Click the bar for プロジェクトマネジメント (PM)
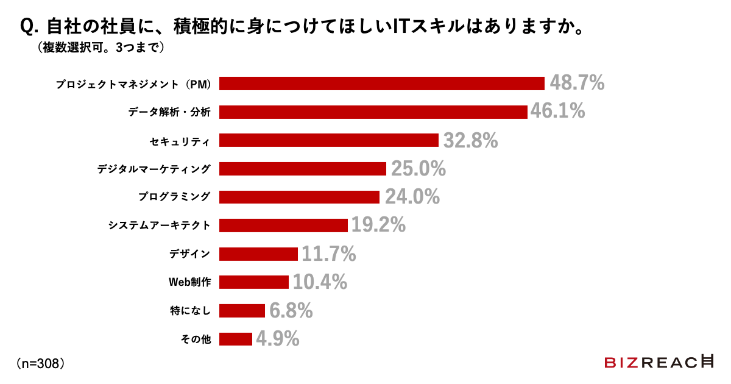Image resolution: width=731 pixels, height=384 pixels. pyautogui.click(x=381, y=84)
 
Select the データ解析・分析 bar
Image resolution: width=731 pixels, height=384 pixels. pyautogui.click(x=373, y=112)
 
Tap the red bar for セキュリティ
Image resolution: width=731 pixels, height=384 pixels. pyautogui.click(x=329, y=140)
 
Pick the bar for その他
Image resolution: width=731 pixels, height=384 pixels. pyautogui.click(x=236, y=339)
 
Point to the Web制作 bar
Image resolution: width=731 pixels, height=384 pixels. pyautogui.click(x=254, y=282)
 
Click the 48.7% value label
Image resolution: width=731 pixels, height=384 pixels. pyautogui.click(x=577, y=83)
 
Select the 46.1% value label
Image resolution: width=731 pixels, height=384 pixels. pyautogui.click(x=557, y=111)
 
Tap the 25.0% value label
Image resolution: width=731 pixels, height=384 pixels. pyautogui.click(x=418, y=168)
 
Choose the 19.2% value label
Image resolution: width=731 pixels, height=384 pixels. pyautogui.click(x=378, y=225)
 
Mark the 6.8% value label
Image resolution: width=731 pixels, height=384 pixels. pyautogui.click(x=291, y=310)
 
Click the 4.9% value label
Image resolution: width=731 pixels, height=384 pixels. pyautogui.click(x=277, y=338)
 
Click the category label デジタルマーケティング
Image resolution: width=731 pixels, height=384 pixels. pyautogui.click(x=154, y=169)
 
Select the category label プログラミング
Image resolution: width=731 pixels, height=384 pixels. pyautogui.click(x=174, y=197)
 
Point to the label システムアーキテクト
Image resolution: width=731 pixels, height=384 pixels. pyautogui.click(x=160, y=226)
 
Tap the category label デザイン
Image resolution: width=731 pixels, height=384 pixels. pyautogui.click(x=189, y=254)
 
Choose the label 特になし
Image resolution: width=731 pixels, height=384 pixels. pyautogui.click(x=190, y=311)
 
